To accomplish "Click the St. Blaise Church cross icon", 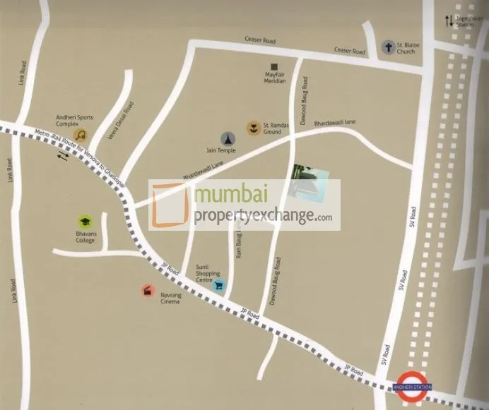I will (x=388, y=48).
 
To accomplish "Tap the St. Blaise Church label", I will (x=408, y=48).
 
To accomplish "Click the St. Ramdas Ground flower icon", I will (x=252, y=128).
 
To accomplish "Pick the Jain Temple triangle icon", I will (x=228, y=138).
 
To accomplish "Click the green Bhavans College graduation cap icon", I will (x=85, y=221).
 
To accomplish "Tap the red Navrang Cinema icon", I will (x=147, y=290).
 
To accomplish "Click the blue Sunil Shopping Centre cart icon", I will (x=218, y=285).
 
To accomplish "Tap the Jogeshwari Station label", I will (x=465, y=20).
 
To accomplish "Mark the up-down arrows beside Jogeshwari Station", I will (x=448, y=21).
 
